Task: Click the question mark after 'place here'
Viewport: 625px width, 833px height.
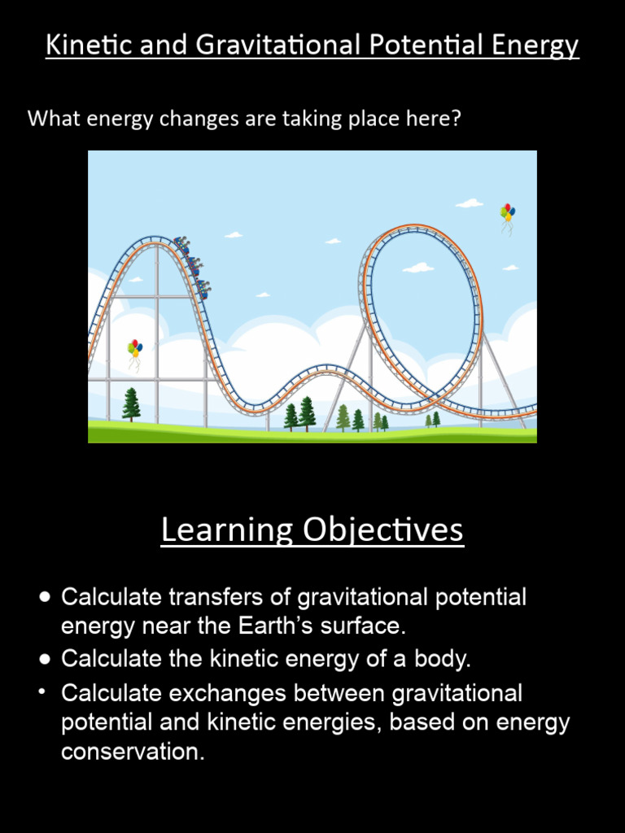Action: coord(457,119)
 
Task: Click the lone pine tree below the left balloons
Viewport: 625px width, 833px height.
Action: coord(131,404)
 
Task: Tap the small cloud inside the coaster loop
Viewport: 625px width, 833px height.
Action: coord(418,268)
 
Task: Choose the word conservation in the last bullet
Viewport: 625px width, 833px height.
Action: coord(133,752)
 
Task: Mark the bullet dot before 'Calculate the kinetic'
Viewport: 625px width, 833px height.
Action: coord(45,658)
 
